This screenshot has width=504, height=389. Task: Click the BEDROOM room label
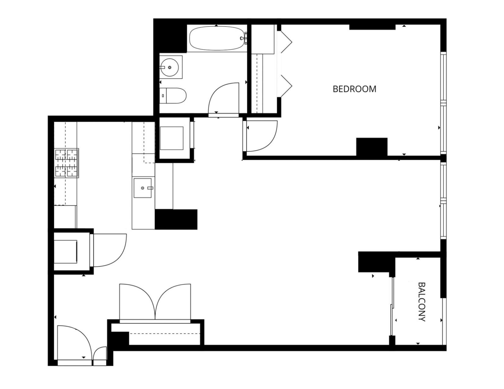click(x=354, y=89)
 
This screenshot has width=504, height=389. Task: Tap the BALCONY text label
click(x=422, y=302)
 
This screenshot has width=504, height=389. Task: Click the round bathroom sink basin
click(x=170, y=67)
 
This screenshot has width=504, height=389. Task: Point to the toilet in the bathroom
click(x=173, y=95)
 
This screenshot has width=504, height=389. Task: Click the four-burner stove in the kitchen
click(x=67, y=163)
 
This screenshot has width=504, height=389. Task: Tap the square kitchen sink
click(x=143, y=188)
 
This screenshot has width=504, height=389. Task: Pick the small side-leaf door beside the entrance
click(x=100, y=357)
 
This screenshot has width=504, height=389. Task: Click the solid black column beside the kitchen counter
click(x=176, y=219)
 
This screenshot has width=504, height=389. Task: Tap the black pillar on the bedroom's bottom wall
click(x=372, y=147)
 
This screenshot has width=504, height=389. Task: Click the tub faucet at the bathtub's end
click(x=244, y=38)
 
